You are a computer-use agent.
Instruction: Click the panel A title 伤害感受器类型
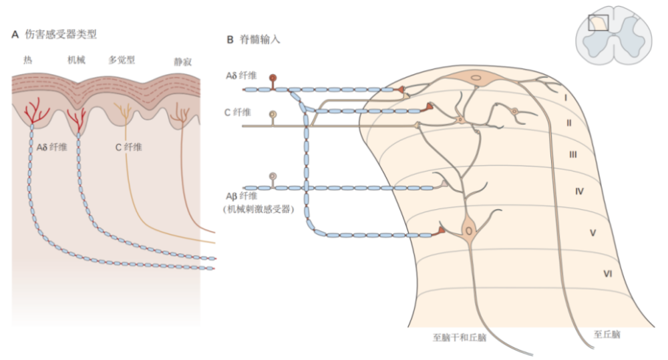[61, 34]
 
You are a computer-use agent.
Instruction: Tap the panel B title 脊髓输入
[260, 39]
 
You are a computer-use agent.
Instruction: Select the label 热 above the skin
[27, 59]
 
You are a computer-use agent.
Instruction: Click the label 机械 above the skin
[76, 59]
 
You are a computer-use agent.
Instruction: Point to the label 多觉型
[122, 59]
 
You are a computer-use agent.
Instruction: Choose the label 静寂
[183, 61]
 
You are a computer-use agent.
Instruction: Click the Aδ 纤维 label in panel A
[52, 148]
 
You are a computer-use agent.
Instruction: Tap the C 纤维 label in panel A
[129, 148]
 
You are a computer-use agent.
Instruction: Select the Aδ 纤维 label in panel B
[241, 76]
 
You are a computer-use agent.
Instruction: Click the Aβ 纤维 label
[242, 196]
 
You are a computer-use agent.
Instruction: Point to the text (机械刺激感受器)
[259, 209]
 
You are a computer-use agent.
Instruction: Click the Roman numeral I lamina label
[566, 98]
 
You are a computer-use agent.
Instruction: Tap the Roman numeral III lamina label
[573, 155]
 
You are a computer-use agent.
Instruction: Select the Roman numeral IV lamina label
[579, 192]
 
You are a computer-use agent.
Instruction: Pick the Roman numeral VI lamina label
[608, 274]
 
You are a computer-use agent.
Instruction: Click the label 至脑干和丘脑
[460, 338]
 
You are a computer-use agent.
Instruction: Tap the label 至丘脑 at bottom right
[607, 335]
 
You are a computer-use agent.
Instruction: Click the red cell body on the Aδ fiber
[273, 78]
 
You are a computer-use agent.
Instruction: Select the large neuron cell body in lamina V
[469, 231]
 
